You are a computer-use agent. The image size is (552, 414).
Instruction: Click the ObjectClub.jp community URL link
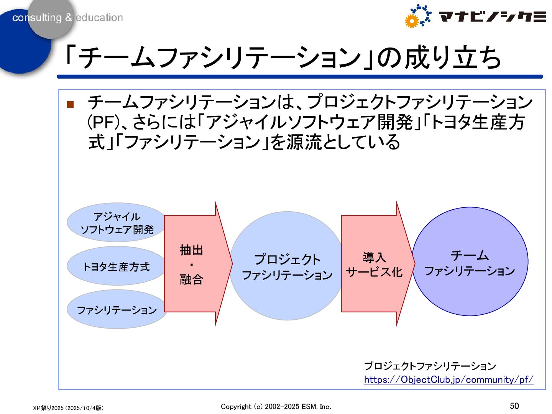(449, 379)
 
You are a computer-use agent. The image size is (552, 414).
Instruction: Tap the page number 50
(514, 406)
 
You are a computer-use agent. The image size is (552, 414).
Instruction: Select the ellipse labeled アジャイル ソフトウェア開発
(117, 223)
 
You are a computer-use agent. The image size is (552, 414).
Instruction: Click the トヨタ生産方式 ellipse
(116, 266)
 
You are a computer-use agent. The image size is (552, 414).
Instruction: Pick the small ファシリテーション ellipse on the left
(117, 310)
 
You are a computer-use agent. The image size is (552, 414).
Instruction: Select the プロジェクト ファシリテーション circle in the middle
(287, 266)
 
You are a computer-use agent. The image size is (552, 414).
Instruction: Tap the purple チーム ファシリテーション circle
(470, 262)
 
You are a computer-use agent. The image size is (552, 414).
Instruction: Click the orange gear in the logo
(412, 21)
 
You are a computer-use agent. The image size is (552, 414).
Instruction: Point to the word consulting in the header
(37, 18)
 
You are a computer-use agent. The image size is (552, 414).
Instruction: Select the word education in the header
(99, 18)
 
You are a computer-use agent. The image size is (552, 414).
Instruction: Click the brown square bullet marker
(70, 104)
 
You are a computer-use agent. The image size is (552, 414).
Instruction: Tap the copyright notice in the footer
(276, 406)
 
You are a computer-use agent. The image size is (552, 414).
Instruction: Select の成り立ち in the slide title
(439, 58)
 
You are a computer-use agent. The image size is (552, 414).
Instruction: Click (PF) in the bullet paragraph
(101, 122)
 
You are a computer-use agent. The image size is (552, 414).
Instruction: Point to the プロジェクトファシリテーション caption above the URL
(430, 366)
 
